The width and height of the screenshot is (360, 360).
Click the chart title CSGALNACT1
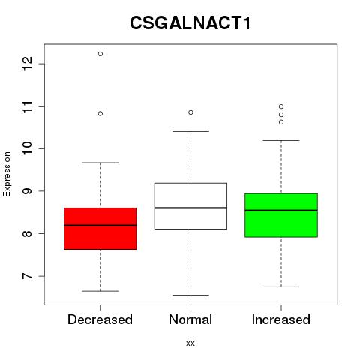tap(190, 22)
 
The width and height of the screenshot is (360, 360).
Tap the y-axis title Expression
tap(7, 174)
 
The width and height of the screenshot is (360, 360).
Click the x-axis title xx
tap(190, 343)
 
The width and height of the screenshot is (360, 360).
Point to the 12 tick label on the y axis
tap(27, 64)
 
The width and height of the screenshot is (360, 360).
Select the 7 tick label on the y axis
tap(27, 276)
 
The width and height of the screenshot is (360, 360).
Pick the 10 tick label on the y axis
tap(27, 148)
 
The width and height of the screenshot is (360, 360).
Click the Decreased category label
tap(100, 319)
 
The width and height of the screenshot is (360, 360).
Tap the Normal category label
tap(190, 319)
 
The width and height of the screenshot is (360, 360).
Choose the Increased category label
tap(281, 319)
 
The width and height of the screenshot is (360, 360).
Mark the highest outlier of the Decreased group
tap(100, 54)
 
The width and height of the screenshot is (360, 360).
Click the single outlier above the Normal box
tap(190, 112)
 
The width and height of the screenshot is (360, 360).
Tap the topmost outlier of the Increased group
tap(281, 106)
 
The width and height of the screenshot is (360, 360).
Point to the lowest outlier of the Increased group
tap(281, 122)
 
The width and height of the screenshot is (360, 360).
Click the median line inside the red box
tap(100, 226)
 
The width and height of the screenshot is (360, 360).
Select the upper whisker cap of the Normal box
tap(190, 131)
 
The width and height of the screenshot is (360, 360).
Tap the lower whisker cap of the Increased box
tap(281, 286)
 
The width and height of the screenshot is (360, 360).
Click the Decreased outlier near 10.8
tap(100, 114)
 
